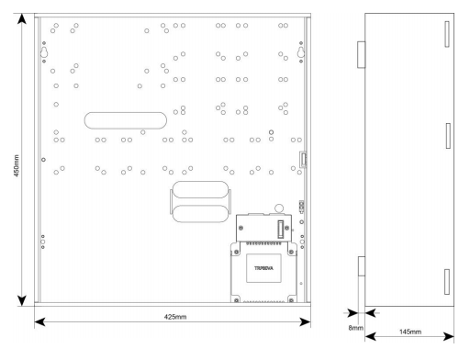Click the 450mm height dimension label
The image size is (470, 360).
click(17, 165)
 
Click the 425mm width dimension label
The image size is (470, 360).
click(175, 317)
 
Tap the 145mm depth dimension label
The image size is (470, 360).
click(410, 332)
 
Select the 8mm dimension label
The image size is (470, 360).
click(355, 328)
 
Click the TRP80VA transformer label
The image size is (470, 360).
click(263, 268)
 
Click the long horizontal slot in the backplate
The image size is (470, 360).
click(126, 120)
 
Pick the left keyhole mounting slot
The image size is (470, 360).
click(44, 52)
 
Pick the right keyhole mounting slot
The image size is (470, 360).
click(301, 52)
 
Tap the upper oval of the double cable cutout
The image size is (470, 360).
click(200, 189)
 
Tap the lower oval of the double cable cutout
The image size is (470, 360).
click(200, 213)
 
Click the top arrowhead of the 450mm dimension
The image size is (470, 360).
click(22, 18)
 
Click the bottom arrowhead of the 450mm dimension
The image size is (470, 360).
click(22, 300)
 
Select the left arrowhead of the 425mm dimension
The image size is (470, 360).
click(39, 321)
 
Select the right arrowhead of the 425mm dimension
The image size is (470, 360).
click(305, 321)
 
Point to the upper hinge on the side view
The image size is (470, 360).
click(362, 54)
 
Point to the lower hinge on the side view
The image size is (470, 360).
click(362, 266)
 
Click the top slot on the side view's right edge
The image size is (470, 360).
click(447, 34)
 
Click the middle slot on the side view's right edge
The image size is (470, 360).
click(448, 136)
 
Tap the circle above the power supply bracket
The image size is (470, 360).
click(279, 208)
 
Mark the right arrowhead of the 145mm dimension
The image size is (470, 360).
click(449, 337)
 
